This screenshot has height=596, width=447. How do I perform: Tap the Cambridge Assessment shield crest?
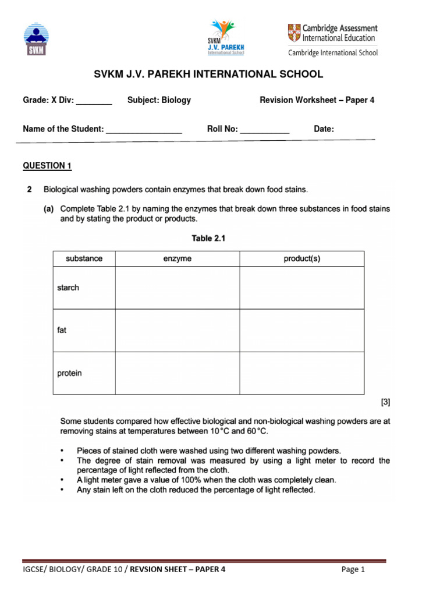click(x=295, y=33)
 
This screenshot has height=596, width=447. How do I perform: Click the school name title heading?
click(x=208, y=74)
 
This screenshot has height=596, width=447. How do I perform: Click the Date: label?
click(x=324, y=129)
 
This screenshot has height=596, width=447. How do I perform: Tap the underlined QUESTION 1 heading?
click(x=47, y=166)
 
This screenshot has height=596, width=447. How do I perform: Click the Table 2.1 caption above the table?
click(x=208, y=238)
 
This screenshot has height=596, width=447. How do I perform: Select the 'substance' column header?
click(x=84, y=259)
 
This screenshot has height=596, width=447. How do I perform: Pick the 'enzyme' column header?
click(x=177, y=259)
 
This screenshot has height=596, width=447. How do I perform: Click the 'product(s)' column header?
click(x=301, y=259)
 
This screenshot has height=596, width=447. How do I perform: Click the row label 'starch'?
click(x=68, y=288)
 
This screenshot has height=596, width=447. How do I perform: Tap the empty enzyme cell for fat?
click(x=177, y=331)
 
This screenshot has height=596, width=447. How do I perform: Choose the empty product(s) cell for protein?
click(x=301, y=373)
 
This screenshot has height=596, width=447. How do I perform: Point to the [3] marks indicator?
click(x=385, y=402)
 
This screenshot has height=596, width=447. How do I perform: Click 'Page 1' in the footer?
click(x=353, y=570)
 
